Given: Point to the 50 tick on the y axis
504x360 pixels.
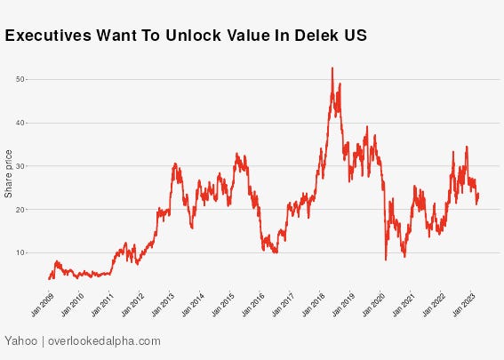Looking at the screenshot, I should pyautogui.click(x=20, y=79).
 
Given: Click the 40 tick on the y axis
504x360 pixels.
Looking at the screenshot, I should pyautogui.click(x=20, y=123).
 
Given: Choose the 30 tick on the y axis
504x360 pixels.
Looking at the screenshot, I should pyautogui.click(x=20, y=166).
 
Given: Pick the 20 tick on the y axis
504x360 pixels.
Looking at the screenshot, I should pyautogui.click(x=20, y=210).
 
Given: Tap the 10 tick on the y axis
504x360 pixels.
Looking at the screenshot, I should pyautogui.click(x=20, y=252).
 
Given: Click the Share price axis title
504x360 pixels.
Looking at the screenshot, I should pyautogui.click(x=9, y=173).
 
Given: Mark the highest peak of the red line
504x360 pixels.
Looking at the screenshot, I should pyautogui.click(x=332, y=68).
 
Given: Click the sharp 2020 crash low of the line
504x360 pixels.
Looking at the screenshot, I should pyautogui.click(x=386, y=260).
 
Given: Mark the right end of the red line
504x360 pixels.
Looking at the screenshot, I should pyautogui.click(x=479, y=196).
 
